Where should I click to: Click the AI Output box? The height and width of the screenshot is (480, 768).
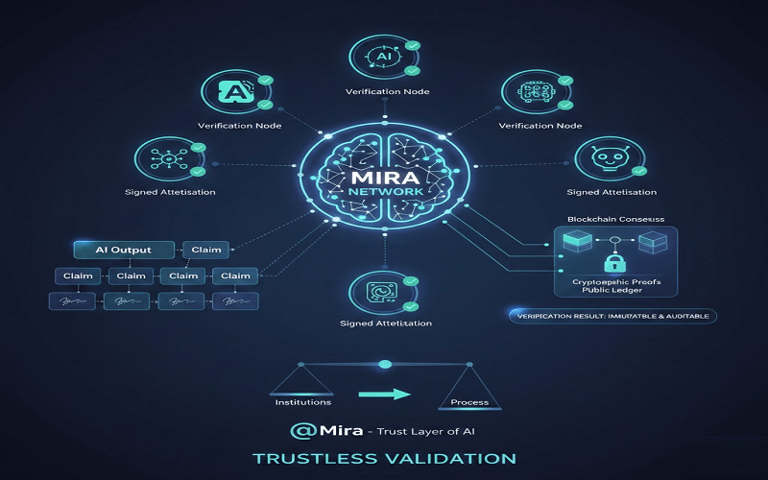tap(125, 250)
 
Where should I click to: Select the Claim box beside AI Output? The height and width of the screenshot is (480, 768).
tap(205, 250)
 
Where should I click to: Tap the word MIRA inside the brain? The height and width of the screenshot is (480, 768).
tap(384, 178)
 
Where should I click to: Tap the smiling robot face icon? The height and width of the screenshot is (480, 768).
tap(603, 158)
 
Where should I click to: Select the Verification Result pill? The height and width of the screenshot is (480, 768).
tap(611, 316)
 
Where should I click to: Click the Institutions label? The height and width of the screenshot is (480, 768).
tap(303, 401)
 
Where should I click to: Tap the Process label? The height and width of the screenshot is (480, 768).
tap(469, 401)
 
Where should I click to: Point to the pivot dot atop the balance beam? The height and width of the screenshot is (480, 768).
tap(386, 364)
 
